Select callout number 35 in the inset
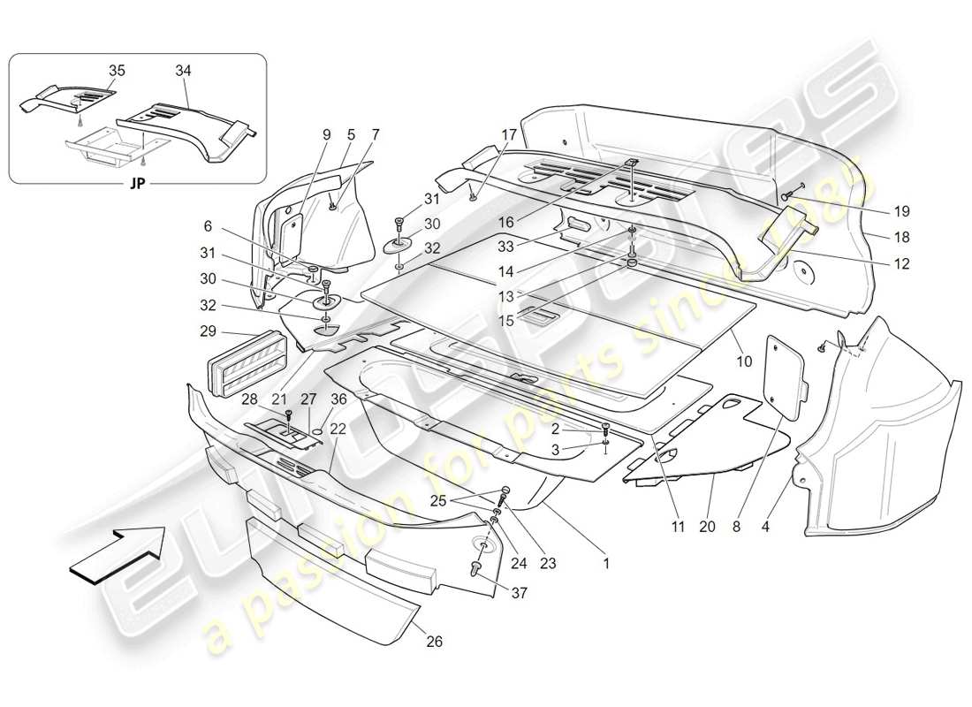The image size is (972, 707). [117, 69]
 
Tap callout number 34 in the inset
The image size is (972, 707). [182, 69]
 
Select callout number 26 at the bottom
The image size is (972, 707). [435, 642]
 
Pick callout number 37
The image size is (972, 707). [519, 593]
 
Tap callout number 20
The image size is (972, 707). [706, 528]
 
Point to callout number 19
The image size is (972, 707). [901, 212]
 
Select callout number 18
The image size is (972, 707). [901, 238]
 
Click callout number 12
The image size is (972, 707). [901, 263]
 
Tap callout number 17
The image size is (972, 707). [510, 134]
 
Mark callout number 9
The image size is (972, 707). [326, 134]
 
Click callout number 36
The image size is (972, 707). [339, 399]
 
